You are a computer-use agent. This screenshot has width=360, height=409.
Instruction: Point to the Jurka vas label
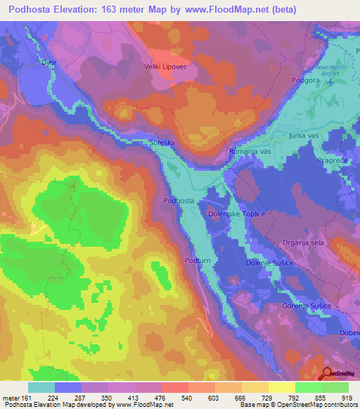(x=303, y=134)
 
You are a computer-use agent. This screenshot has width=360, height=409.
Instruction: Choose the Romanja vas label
(x=250, y=151)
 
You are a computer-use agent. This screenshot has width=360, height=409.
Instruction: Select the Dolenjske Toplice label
(x=236, y=214)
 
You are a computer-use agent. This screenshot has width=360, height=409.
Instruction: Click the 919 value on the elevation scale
(x=345, y=397)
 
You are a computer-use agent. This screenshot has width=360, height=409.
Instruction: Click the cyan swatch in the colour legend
(x=41, y=387)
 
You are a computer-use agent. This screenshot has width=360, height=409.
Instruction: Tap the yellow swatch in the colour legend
(x=282, y=387)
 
